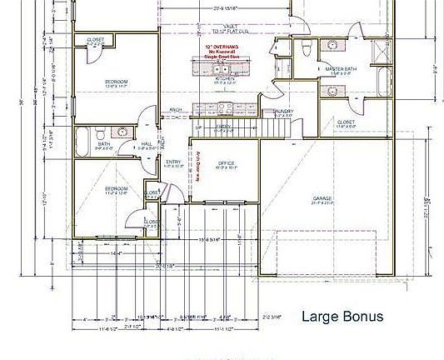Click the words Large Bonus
pyautogui.click(x=342, y=317)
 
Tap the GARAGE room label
pyautogui.click(x=322, y=198)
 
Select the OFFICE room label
pyautogui.click(x=226, y=163)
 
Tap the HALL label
pyautogui.click(x=146, y=142)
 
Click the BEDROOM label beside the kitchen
pyautogui.click(x=116, y=82)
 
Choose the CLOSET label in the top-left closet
pyautogui.click(x=97, y=39)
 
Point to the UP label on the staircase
pyautogui.click(x=198, y=127)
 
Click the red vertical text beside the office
pyautogui.click(x=199, y=166)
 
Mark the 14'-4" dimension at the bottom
pyautogui.click(x=116, y=252)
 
